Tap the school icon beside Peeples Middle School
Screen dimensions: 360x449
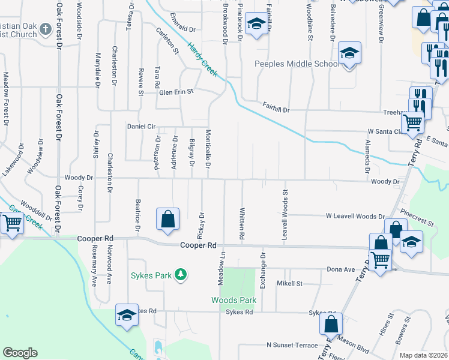tap(349, 53)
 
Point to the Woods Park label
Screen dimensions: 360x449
tap(234, 300)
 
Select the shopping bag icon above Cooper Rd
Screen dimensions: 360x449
tap(167, 220)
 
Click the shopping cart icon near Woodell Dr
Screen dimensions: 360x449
tap(11, 223)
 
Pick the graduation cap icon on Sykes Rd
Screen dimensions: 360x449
tap(127, 316)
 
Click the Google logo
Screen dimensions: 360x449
tap(20, 353)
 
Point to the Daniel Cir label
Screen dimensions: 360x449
tap(141, 127)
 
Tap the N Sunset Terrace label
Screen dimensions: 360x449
tap(292, 346)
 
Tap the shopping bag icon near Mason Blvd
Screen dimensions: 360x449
tap(331, 324)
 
